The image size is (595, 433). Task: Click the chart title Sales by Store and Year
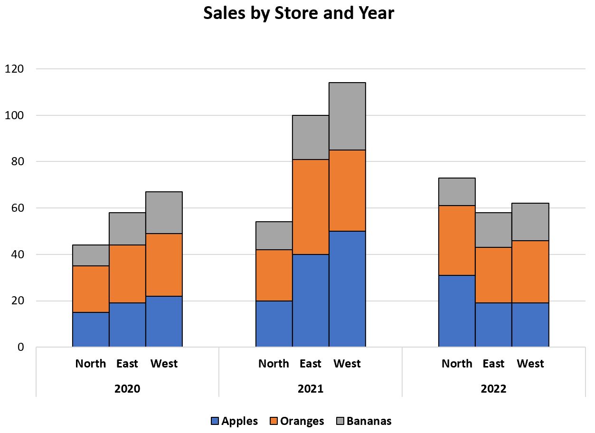pyautogui.click(x=299, y=14)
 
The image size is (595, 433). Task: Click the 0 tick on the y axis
pyautogui.click(x=20, y=347)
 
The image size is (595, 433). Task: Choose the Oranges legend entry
pyautogui.click(x=297, y=421)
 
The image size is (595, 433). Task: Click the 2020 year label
pyautogui.click(x=127, y=389)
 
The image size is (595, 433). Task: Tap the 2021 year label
pyautogui.click(x=311, y=389)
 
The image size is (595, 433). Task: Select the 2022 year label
pyautogui.click(x=493, y=389)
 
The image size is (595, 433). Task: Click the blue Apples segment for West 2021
pyautogui.click(x=347, y=289)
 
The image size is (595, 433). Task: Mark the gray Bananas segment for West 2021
pyautogui.click(x=347, y=116)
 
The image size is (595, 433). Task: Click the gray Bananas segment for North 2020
pyautogui.click(x=91, y=255)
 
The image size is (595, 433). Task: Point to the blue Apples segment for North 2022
pyautogui.click(x=457, y=311)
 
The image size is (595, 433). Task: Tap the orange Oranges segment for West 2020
pyautogui.click(x=164, y=265)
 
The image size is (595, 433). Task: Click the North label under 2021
pyautogui.click(x=274, y=364)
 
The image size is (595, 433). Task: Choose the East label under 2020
pyautogui.click(x=127, y=364)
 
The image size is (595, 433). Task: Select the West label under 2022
pyautogui.click(x=530, y=364)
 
